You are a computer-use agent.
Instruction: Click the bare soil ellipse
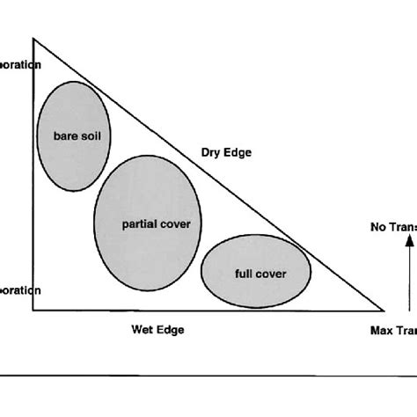(73, 135)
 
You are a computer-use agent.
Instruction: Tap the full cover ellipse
(256, 272)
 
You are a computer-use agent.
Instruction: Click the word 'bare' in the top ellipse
(53, 135)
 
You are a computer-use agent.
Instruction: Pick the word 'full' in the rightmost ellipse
(245, 273)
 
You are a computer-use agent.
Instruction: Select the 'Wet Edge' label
(158, 330)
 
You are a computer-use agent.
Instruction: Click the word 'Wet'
(144, 330)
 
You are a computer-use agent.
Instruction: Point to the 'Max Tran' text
(392, 331)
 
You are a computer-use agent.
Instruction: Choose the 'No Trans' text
(392, 226)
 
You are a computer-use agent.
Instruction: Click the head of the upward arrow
(408, 247)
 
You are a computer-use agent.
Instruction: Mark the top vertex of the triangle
(33, 39)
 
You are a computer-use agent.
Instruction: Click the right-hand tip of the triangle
(384, 310)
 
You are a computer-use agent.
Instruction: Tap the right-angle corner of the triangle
(33, 310)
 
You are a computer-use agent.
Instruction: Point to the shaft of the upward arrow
(408, 282)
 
